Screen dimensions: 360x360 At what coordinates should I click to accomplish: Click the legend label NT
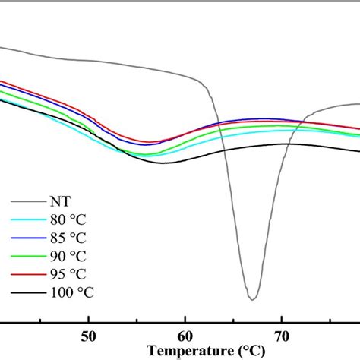(60, 202)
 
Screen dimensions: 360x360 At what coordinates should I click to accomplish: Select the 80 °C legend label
(70, 220)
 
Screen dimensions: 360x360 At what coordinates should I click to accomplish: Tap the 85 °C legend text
(70, 238)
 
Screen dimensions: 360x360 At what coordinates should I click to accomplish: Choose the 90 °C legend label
(70, 256)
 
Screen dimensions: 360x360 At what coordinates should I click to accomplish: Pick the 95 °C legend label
(70, 273)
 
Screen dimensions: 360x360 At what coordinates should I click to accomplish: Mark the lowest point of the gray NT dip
(252, 299)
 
